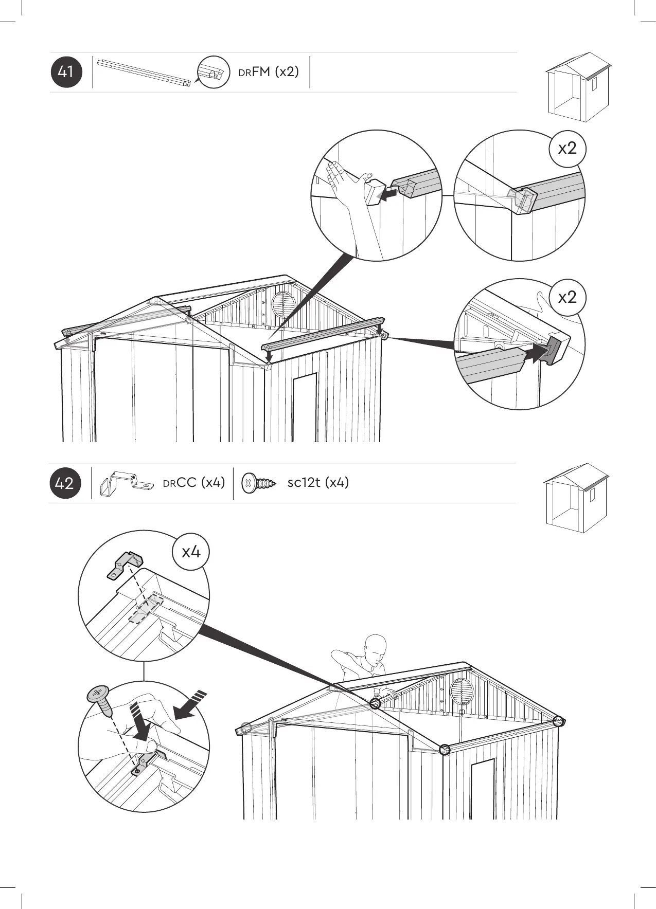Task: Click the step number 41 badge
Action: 66,72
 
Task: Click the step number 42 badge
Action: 65,483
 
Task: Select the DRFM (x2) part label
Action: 268,71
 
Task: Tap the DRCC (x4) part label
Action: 194,482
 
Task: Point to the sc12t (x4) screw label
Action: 318,482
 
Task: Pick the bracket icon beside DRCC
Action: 127,483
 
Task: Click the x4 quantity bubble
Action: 191,552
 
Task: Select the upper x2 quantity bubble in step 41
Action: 568,149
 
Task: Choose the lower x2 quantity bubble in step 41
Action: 568,297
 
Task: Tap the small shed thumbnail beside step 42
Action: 576,498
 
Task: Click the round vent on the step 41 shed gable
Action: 282,303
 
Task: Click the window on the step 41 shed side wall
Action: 305,406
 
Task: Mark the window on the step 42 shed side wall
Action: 482,789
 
